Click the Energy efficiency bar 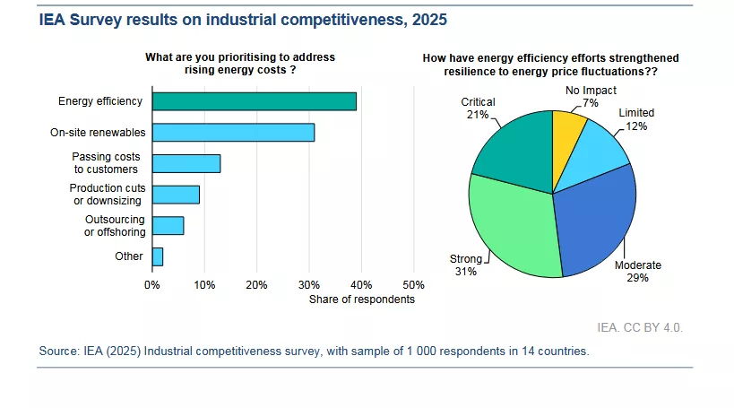click(255, 101)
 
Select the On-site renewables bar click(233, 133)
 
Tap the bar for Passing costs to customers click(186, 163)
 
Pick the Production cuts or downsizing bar click(176, 195)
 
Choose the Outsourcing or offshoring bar click(168, 225)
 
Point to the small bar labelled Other click(158, 256)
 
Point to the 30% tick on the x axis click(308, 284)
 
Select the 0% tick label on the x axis click(152, 284)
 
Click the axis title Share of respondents click(361, 299)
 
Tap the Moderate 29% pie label click(637, 272)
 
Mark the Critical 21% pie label click(478, 109)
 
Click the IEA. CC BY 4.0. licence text click(640, 328)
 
